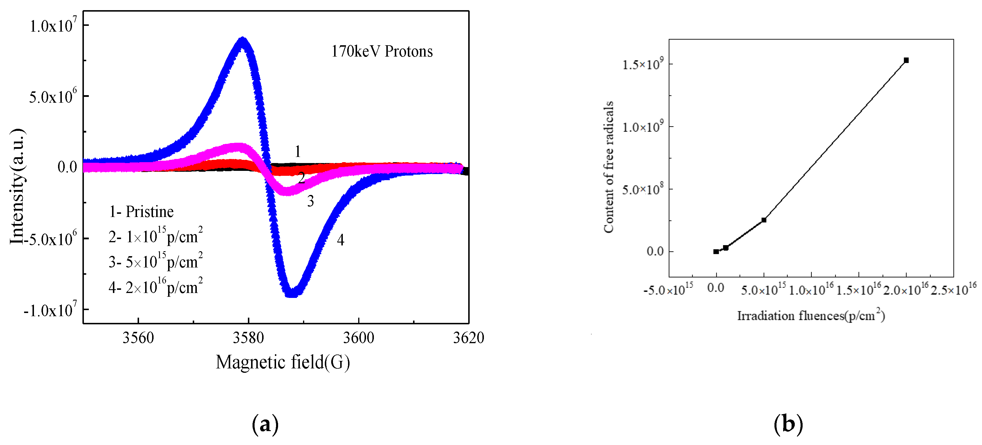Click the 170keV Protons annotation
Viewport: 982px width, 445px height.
click(382, 51)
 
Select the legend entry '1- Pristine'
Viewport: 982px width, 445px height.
click(141, 212)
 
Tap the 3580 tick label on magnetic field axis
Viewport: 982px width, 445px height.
click(248, 338)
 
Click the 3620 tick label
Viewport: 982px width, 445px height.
click(468, 338)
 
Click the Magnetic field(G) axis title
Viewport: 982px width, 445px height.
click(282, 362)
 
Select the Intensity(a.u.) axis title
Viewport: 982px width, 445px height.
click(17, 187)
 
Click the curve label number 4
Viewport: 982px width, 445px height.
click(340, 240)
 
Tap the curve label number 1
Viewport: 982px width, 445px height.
click(298, 152)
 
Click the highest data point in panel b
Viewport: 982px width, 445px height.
click(906, 60)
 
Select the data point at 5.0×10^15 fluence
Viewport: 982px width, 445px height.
click(763, 220)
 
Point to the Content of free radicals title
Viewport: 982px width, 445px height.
click(608, 167)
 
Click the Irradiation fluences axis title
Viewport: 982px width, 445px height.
click(810, 315)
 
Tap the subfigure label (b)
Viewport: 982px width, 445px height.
click(788, 424)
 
